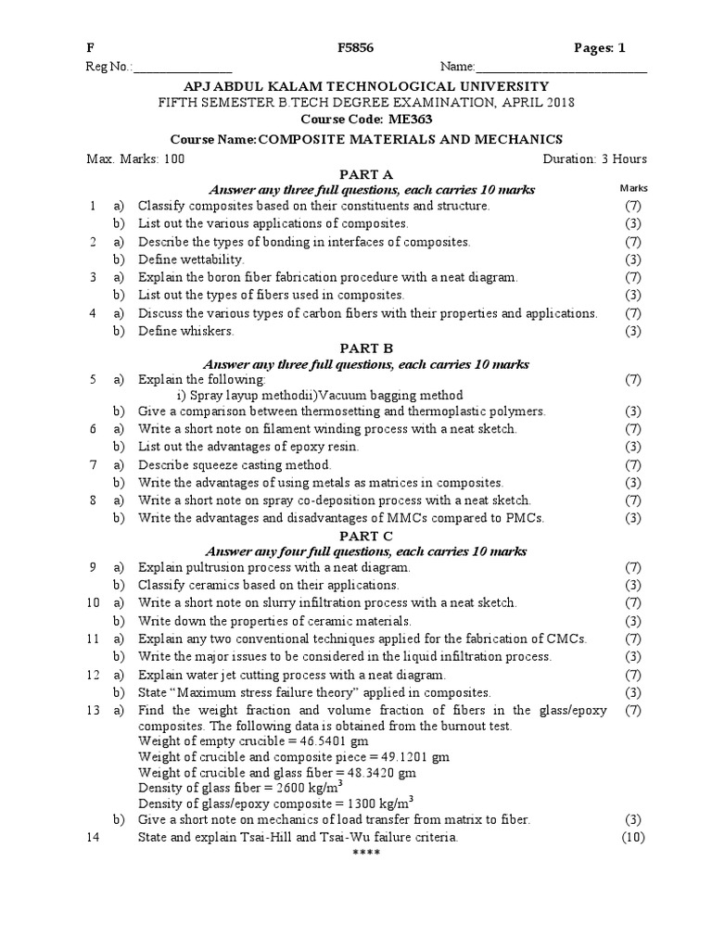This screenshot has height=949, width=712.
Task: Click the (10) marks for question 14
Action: [633, 837]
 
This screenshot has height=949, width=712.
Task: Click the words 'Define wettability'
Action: [191, 259]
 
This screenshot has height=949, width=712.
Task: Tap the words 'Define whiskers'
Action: [186, 330]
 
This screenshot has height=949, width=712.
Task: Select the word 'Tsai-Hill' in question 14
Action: [249, 837]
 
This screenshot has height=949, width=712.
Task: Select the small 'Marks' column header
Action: [633, 188]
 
